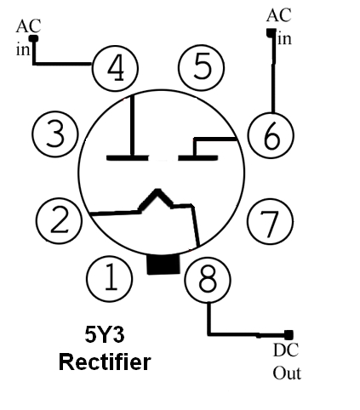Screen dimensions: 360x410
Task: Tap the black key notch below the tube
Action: point(163,265)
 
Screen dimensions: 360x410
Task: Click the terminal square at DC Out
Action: point(289,335)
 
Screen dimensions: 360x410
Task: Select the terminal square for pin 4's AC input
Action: point(34,38)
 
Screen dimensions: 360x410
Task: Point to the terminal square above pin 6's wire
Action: point(271,32)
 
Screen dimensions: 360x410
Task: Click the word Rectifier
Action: point(105,362)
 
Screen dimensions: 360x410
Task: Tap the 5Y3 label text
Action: point(105,334)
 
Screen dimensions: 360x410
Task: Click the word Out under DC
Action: point(287,373)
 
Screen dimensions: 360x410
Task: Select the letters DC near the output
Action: point(286,350)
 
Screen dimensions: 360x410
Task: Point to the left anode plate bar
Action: point(128,157)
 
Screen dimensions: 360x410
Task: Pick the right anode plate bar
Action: point(198,157)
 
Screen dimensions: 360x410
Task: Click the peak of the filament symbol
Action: point(157,191)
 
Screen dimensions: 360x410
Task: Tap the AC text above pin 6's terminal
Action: point(279,15)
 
